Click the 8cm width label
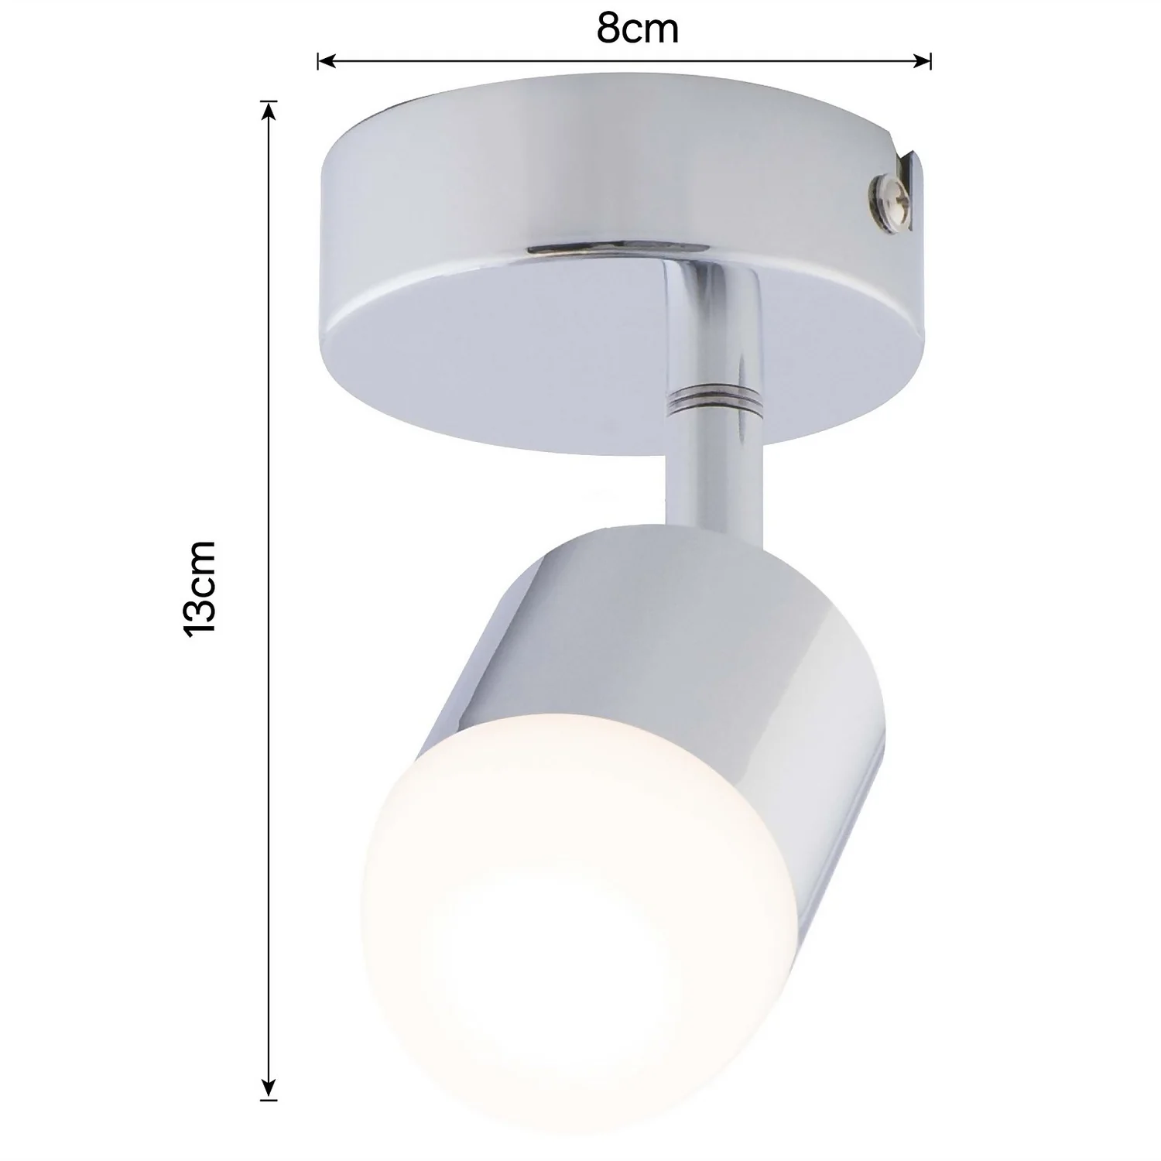pos(637,29)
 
